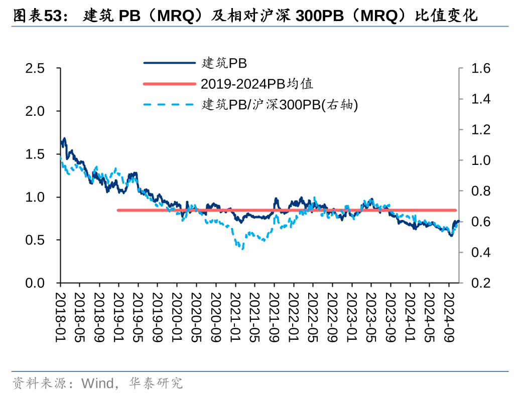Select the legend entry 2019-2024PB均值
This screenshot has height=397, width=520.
[257, 83]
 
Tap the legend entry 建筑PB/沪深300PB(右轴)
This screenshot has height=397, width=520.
[279, 104]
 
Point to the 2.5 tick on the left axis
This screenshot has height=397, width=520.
[36, 68]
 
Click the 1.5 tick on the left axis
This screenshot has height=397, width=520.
[36, 154]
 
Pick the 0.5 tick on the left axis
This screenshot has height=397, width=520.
[36, 240]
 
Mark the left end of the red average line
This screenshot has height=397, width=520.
[118, 210]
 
